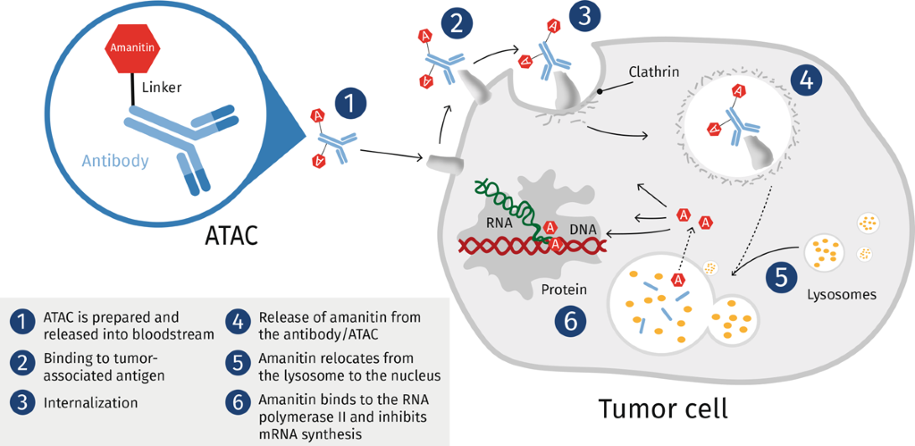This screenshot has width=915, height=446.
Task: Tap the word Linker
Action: pos(162,88)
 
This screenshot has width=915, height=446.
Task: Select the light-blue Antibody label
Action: pos(115,161)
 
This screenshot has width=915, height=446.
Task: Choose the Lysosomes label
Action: pos(842,294)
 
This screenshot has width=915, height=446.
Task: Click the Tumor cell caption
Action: pos(663,409)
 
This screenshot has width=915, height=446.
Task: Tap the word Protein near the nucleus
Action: pos(564,289)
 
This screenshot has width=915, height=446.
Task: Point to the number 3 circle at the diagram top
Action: pos(584,16)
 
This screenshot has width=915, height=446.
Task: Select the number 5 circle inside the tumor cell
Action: pos(781,277)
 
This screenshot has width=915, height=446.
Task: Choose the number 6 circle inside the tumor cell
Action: pos(570,320)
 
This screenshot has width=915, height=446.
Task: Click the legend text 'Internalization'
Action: pos(90,402)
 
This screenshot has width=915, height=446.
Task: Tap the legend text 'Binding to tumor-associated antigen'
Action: pos(104,367)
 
